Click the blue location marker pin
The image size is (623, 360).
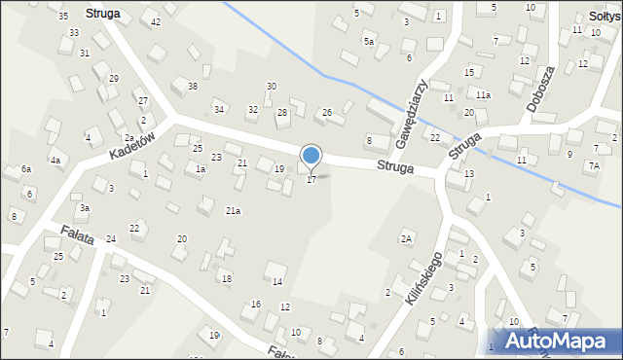pos(311,156)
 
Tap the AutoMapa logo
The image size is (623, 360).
pos(552,341)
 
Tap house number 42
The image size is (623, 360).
pos(156,20)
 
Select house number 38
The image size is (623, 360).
pos(193,87)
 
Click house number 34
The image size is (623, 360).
pos(219,109)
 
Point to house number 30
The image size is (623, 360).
pos(272,87)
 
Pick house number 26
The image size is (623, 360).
pos(327,113)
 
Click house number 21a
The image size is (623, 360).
pos(233,210)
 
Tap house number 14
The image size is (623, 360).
pos(276,282)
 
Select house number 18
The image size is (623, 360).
pos(227,279)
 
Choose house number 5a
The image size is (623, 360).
pos(368,42)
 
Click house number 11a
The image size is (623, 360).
pos(483,94)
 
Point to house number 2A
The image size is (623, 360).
pos(406,238)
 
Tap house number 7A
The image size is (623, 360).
pos(593,165)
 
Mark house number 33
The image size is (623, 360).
pos(74,32)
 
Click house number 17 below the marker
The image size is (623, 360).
pos(311,180)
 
